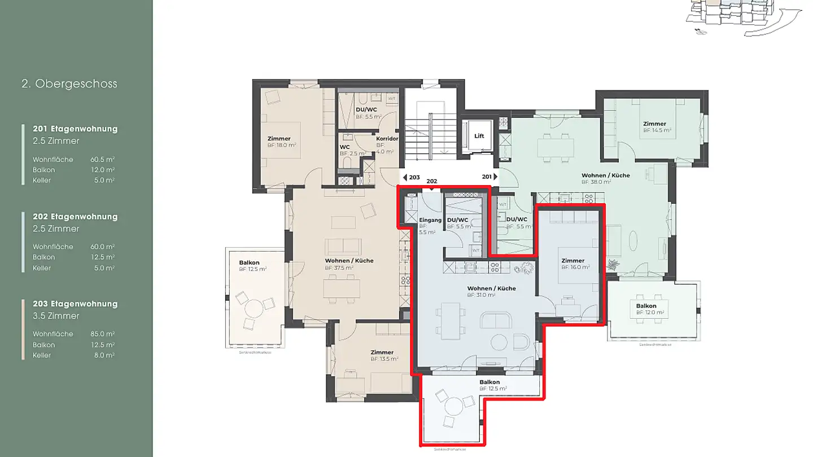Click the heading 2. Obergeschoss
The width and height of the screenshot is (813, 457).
(69, 84)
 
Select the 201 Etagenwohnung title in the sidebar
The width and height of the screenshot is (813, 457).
(75, 129)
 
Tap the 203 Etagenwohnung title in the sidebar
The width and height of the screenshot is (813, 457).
(75, 304)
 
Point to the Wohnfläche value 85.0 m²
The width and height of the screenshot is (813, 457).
(102, 334)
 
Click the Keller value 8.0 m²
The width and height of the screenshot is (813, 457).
(104, 355)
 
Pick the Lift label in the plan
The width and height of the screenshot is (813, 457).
(479, 136)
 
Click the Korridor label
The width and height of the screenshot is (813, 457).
(387, 138)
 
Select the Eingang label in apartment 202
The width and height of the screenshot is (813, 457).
(430, 220)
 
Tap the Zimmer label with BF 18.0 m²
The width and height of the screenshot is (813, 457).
(279, 139)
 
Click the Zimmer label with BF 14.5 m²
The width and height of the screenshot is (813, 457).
(654, 124)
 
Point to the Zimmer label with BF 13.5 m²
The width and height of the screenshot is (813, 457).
(382, 352)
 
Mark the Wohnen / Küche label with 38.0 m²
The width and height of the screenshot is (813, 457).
(605, 175)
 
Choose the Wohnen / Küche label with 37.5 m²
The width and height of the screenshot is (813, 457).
(349, 261)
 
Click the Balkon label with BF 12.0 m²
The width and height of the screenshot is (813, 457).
(646, 306)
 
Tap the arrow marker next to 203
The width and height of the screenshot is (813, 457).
(404, 177)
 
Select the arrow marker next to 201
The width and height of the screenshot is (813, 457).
(495, 177)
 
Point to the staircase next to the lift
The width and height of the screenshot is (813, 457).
(429, 135)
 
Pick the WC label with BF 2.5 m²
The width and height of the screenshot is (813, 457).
(344, 147)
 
